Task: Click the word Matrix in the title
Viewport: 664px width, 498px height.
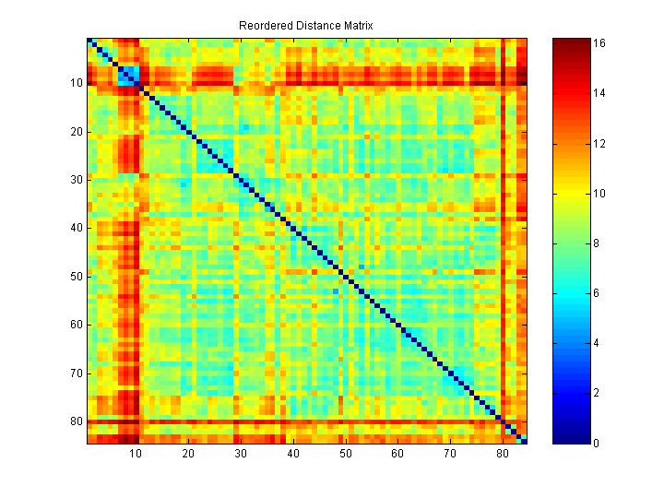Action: pyautogui.click(x=358, y=26)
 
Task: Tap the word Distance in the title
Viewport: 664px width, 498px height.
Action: pyautogui.click(x=314, y=26)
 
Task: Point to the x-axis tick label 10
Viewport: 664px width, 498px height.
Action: pyautogui.click(x=136, y=455)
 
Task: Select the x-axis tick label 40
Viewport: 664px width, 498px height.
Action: pyautogui.click(x=293, y=455)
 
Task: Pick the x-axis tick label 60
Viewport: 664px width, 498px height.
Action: pyautogui.click(x=397, y=455)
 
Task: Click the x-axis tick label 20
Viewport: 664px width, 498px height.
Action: pyautogui.click(x=188, y=455)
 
